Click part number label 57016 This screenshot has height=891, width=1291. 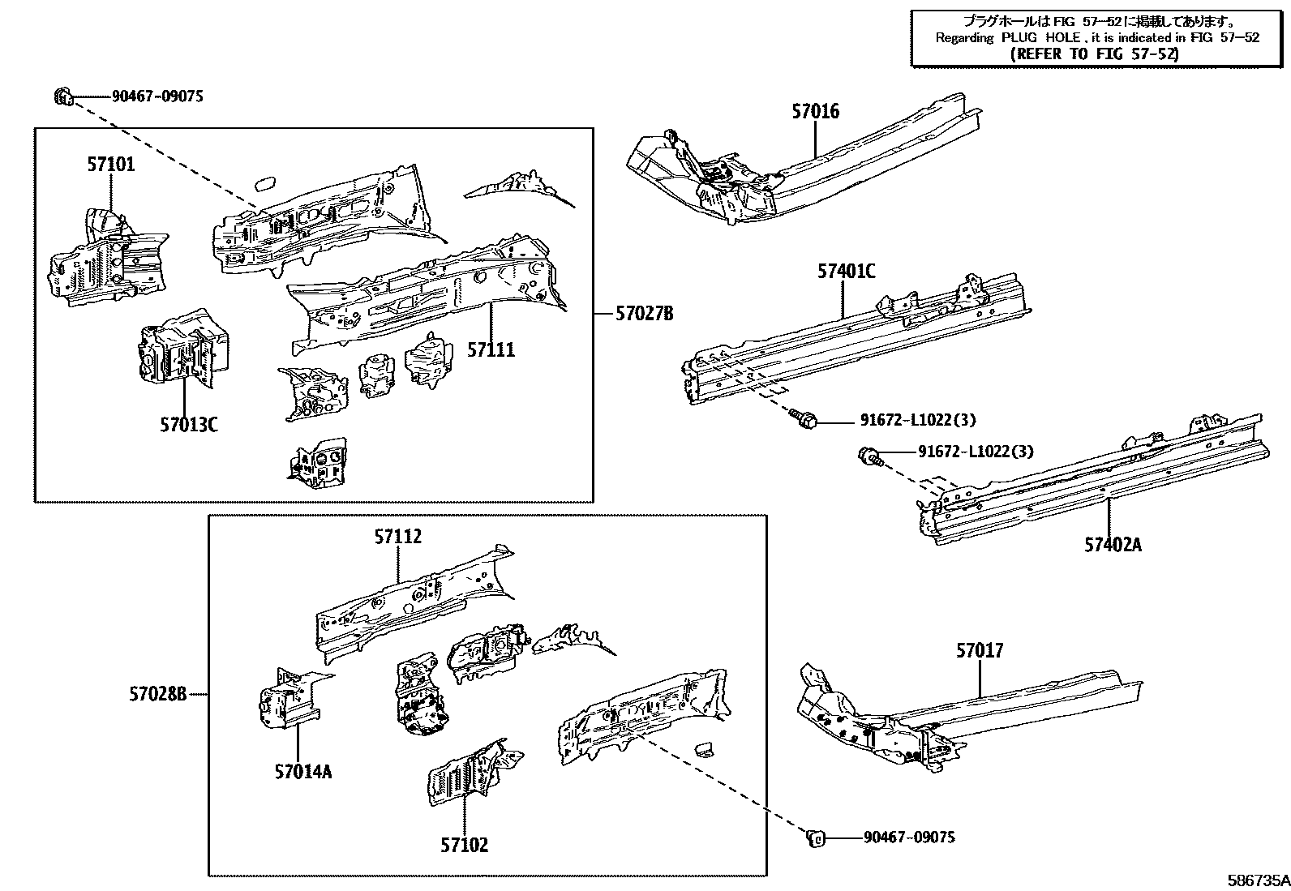[815, 111]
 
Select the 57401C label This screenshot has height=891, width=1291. [846, 272]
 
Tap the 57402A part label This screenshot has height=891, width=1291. [1113, 544]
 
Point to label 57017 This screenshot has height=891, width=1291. [979, 650]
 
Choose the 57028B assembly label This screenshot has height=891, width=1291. [157, 693]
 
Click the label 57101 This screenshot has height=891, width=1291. [111, 165]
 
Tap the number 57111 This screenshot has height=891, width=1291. [491, 350]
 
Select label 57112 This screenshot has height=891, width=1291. [398, 537]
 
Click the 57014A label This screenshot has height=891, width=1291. [302, 771]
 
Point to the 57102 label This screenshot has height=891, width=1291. [465, 845]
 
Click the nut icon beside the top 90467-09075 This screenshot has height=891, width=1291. [63, 96]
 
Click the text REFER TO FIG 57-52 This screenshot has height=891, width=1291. [1095, 54]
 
